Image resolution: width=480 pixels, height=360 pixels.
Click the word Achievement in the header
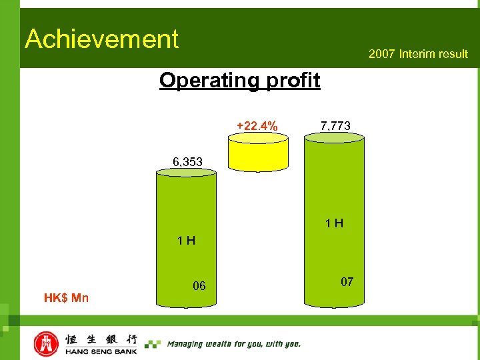102,39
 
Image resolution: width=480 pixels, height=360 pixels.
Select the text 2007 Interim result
418,54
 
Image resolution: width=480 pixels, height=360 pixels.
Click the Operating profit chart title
239,81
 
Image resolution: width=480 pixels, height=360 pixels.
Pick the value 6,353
188,161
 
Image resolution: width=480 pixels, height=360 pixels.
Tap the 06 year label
199,286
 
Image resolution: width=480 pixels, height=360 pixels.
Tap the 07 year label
347,282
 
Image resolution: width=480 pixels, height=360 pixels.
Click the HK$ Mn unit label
67,297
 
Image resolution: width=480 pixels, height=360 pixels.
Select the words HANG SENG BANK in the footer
101,351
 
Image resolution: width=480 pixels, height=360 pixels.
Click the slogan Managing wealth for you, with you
233,344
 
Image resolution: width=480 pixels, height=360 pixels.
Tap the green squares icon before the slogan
153,344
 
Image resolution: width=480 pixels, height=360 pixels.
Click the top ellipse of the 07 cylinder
335,138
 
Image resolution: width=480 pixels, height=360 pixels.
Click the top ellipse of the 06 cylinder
186,173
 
